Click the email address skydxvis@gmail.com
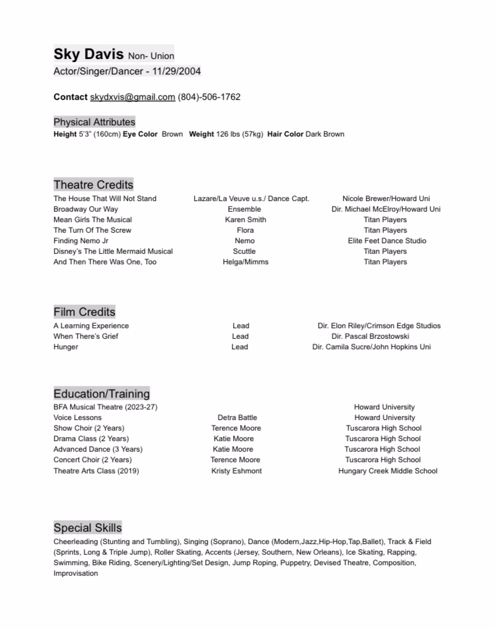[x=132, y=97]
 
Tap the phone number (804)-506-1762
[x=209, y=97]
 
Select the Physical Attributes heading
[x=94, y=122]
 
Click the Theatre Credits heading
[x=93, y=184]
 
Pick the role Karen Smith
[x=245, y=220]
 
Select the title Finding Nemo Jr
[x=81, y=241]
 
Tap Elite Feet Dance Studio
[x=386, y=241]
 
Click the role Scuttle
[x=244, y=251]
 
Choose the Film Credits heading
[x=84, y=311]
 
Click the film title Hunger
[x=66, y=347]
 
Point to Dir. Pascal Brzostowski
[x=370, y=336]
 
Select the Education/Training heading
[x=101, y=393]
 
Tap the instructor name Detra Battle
[x=237, y=417]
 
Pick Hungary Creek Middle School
[x=387, y=471]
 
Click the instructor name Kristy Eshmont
[x=236, y=471]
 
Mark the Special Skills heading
[x=87, y=527]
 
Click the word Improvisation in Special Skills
[x=76, y=573]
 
